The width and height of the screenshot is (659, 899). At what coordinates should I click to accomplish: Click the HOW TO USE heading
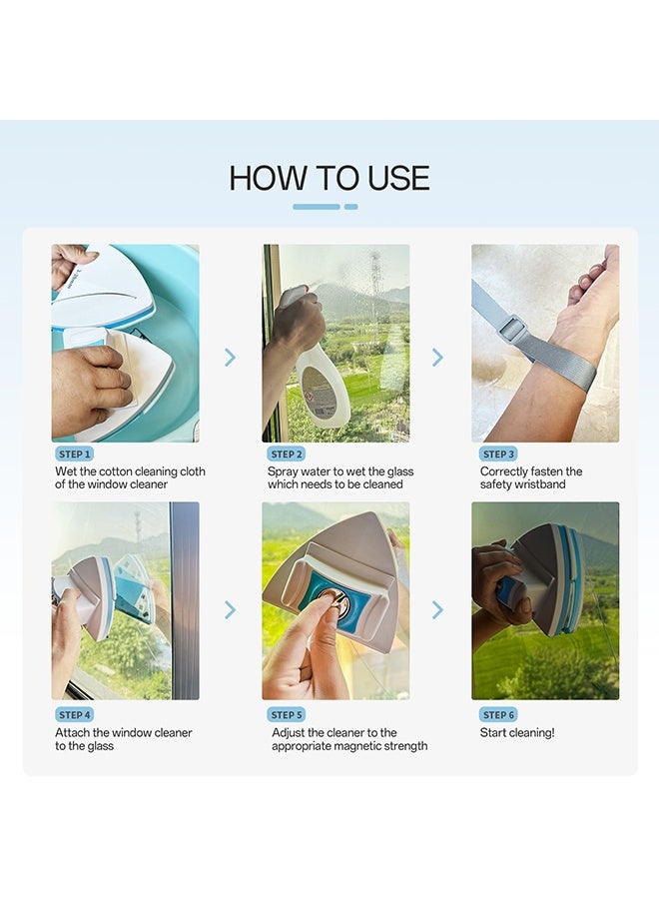[329, 178]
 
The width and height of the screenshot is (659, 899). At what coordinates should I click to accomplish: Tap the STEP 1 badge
[75, 454]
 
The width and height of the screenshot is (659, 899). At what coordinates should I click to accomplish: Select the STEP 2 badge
[287, 454]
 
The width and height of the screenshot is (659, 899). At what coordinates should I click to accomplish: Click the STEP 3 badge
[498, 454]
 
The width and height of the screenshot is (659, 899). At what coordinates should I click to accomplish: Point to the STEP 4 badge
[75, 715]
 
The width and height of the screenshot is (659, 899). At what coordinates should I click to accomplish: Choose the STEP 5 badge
[287, 715]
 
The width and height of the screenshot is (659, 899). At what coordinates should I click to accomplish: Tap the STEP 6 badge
[498, 715]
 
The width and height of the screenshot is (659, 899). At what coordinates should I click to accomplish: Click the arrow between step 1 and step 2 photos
[230, 358]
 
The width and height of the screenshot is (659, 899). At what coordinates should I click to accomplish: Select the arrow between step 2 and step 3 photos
[437, 358]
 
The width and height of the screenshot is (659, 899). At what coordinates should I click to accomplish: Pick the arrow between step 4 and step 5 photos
[230, 609]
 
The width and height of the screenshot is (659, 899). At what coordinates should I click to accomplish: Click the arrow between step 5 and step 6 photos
[437, 609]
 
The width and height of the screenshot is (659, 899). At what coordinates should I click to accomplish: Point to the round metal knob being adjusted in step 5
[334, 600]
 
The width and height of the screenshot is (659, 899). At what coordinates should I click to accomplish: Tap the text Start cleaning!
[517, 733]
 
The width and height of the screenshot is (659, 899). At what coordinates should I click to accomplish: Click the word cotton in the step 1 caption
[116, 471]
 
